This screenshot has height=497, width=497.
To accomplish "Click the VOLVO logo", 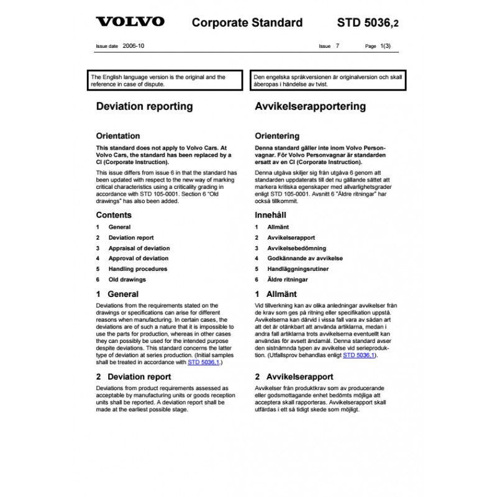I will click(130, 22).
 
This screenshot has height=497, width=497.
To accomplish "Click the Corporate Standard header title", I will click(247, 23).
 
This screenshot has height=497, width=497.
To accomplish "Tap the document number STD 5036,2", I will click(368, 23).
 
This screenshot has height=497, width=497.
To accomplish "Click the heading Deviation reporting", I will click(144, 106).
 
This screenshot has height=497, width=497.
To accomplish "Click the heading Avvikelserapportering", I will click(311, 106).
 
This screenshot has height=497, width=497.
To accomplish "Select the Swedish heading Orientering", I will click(277, 136).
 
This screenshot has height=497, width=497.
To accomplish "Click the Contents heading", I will click(114, 215).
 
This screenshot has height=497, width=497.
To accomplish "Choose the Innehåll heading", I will click(272, 215).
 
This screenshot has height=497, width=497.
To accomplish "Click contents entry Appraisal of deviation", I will click(138, 248).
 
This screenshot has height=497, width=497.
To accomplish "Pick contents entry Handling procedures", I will click(137, 269).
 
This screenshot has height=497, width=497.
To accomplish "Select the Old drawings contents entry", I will click(127, 280).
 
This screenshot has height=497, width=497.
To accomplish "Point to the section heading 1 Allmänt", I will click(276, 294).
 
